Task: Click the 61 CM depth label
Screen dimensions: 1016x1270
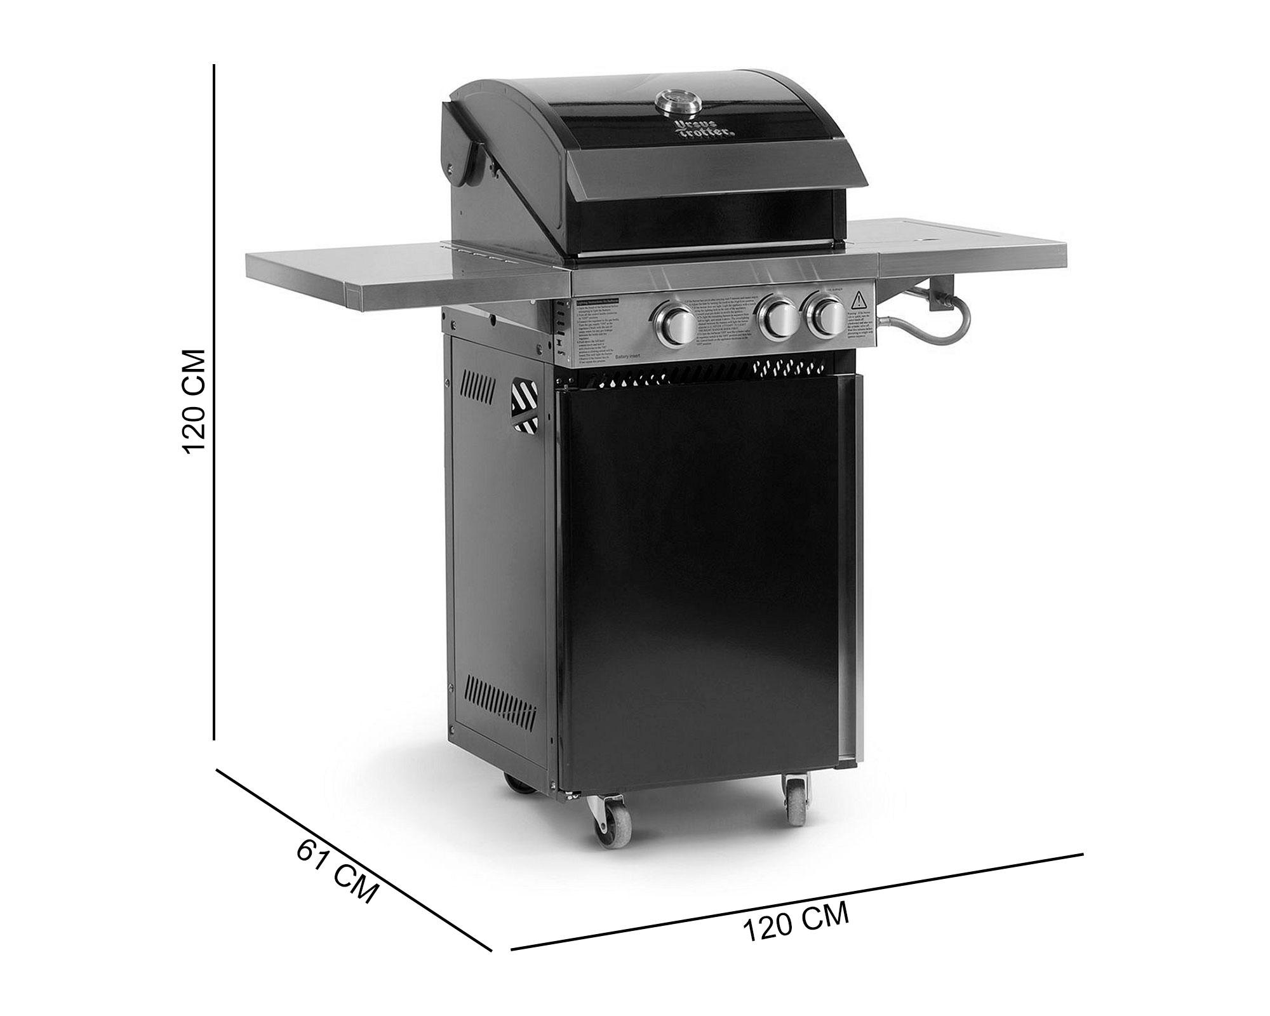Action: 337,869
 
